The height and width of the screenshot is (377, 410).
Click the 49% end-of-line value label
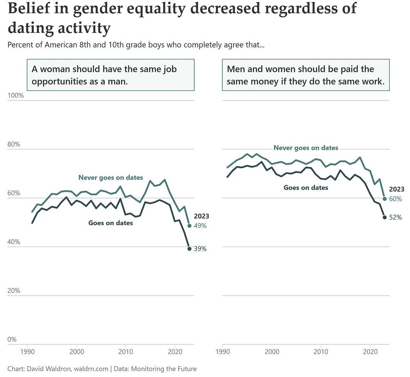tap(200, 226)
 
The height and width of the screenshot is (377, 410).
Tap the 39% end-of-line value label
tap(200, 249)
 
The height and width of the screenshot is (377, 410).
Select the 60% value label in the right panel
tap(396, 199)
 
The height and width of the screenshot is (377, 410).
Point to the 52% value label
tap(396, 218)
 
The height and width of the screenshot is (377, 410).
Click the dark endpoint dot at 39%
tap(190, 249)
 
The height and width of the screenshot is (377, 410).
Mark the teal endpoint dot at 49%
tap(190, 226)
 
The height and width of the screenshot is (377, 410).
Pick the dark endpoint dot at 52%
tap(385, 217)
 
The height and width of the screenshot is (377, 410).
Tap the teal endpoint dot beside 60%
tap(385, 199)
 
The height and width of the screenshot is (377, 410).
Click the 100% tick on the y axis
tap(16, 96)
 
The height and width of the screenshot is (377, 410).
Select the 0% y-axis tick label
tap(12, 339)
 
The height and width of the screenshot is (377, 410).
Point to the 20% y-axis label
tap(14, 290)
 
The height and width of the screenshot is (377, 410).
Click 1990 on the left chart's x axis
tap(27, 352)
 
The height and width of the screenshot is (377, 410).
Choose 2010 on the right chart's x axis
tap(321, 352)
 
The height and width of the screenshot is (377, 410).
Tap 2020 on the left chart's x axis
tap(175, 352)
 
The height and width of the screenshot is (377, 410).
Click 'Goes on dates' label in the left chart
tap(111, 223)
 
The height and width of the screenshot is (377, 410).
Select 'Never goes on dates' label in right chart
tap(306, 148)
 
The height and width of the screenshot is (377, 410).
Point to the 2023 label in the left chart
tap(202, 216)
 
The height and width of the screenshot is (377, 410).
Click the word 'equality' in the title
tap(156, 8)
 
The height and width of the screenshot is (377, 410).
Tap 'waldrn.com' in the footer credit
tap(91, 369)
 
